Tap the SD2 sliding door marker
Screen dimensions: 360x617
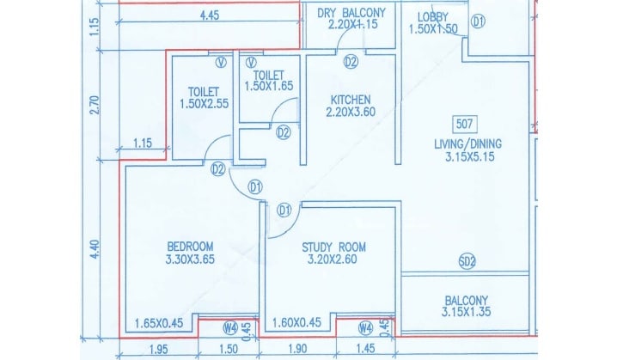(x=467, y=261)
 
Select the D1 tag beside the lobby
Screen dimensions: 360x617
(x=479, y=20)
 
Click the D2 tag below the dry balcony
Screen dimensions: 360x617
(x=351, y=62)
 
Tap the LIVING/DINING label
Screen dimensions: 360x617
(x=468, y=143)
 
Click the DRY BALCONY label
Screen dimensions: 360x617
(x=351, y=12)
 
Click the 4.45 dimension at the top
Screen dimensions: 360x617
(x=207, y=15)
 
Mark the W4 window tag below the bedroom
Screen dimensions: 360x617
(x=229, y=326)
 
